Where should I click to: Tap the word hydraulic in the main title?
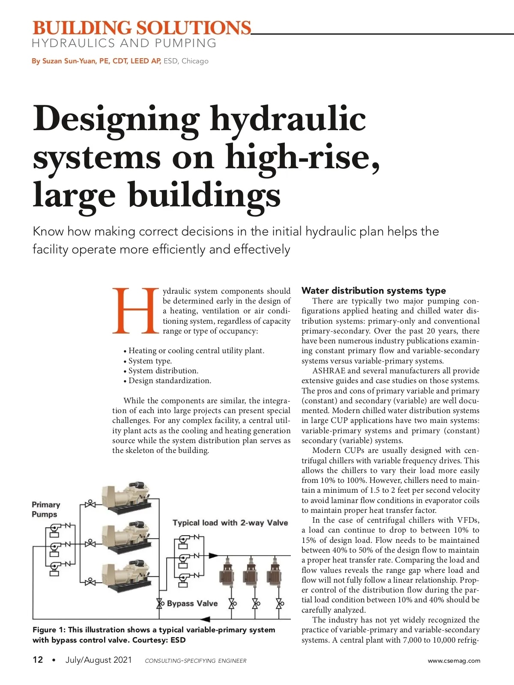[287, 119]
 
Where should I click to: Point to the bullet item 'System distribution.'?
[163, 371]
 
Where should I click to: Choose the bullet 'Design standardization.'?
[170, 381]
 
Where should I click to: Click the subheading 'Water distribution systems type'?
[374, 291]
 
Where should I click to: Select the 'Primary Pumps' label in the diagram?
[46, 509]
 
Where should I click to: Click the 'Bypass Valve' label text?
[192, 603]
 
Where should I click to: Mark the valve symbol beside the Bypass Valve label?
[160, 604]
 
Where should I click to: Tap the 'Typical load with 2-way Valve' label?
[230, 523]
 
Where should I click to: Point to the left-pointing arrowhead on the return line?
[205, 619]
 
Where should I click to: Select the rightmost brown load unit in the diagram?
[274, 572]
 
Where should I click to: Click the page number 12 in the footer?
[38, 660]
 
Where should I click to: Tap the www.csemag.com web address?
[454, 661]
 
